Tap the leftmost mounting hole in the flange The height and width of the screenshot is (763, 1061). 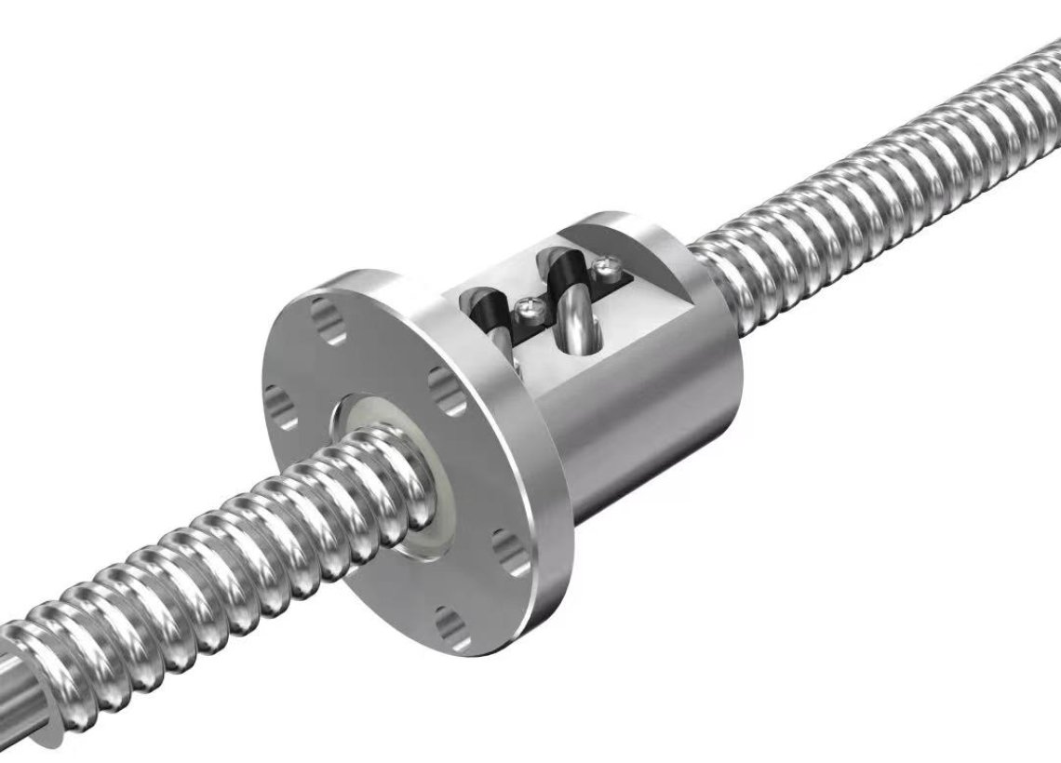[280, 405]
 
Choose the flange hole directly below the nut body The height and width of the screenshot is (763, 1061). [510, 549]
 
